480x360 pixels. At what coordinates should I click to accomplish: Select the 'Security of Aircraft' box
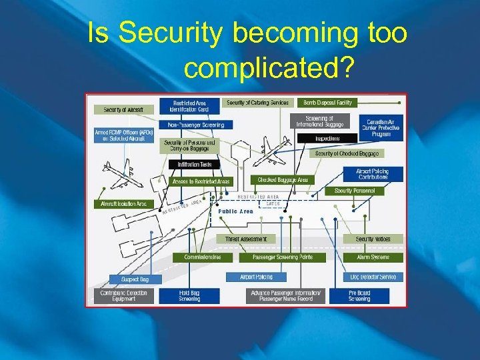123,109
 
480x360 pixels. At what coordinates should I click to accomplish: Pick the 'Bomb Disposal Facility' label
328,103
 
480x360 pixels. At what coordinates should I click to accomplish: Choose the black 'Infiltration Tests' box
194,164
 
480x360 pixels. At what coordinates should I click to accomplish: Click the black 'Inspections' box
327,139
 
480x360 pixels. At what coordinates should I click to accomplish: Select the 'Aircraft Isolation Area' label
123,204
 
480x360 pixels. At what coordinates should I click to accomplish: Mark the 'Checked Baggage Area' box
283,180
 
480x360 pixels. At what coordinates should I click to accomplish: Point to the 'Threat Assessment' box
246,239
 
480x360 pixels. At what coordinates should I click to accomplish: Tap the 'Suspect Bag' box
135,279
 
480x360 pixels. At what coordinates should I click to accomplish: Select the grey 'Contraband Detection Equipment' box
123,295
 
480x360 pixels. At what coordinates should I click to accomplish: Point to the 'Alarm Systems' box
373,257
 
